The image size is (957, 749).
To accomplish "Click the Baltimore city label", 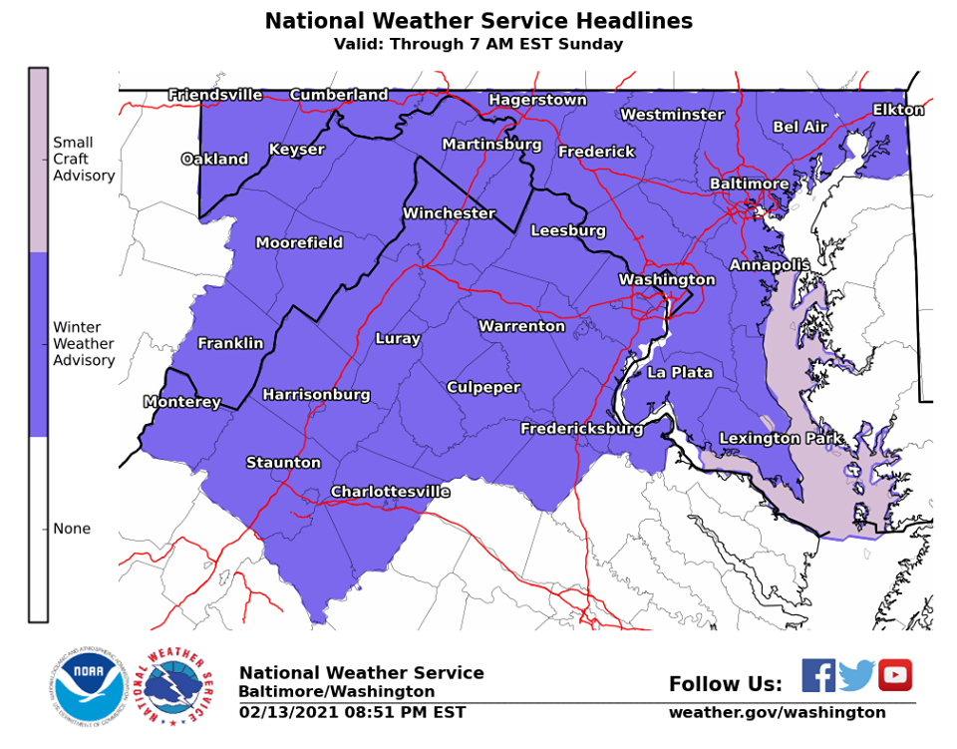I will click(x=749, y=185).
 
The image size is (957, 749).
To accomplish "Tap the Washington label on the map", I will click(x=667, y=280).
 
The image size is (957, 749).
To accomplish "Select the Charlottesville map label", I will click(x=390, y=493).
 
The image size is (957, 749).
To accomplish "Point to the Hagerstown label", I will click(x=537, y=101).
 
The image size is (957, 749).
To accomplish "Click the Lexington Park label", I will click(x=781, y=439).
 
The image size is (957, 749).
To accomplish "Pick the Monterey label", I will click(x=181, y=403).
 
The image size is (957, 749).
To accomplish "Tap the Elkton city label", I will click(x=898, y=110).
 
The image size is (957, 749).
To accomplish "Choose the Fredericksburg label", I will click(x=581, y=429).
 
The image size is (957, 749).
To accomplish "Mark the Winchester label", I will click(x=449, y=213).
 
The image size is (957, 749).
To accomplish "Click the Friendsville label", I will click(x=215, y=96).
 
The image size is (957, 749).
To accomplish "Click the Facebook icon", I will click(x=818, y=675).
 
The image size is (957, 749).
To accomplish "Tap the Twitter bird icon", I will click(x=856, y=675).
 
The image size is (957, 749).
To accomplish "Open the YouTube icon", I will click(x=894, y=675).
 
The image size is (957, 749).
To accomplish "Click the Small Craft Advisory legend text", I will click(x=84, y=160).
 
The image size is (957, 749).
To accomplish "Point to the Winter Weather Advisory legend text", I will click(x=84, y=344).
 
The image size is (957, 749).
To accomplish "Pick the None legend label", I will click(x=72, y=529).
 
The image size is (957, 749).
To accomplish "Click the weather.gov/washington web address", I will click(x=777, y=713).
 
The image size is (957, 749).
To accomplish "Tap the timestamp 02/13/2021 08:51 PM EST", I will click(x=352, y=713).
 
